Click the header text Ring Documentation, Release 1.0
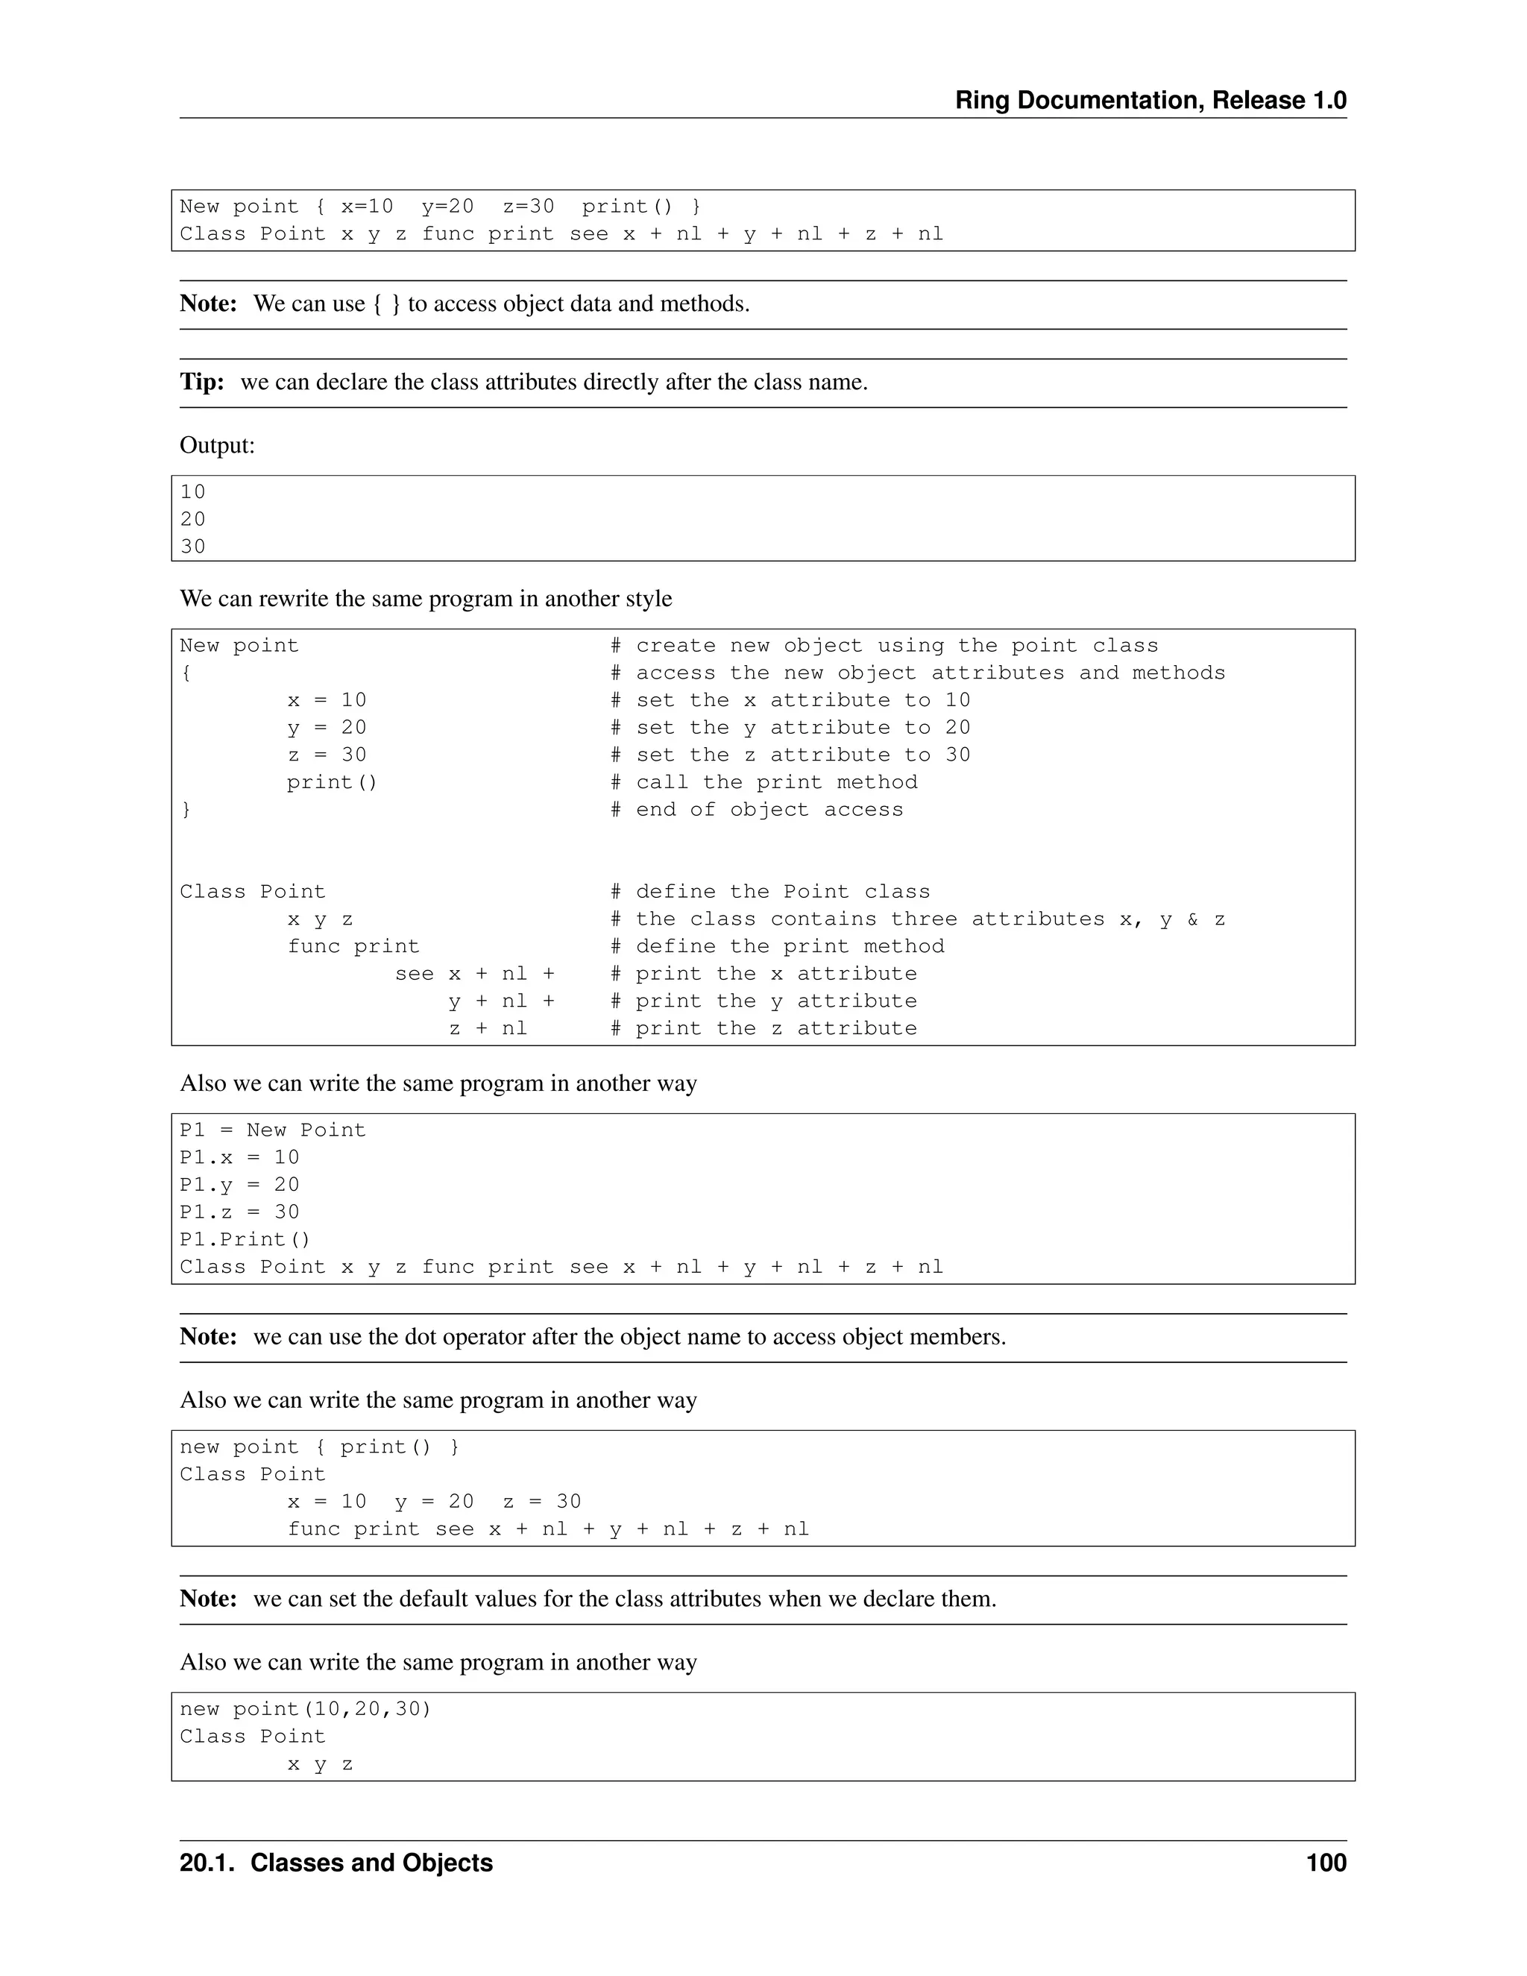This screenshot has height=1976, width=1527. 1150,101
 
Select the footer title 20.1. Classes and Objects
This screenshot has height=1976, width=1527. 336,1863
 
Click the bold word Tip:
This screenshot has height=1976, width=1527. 202,382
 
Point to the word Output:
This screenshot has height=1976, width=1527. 217,445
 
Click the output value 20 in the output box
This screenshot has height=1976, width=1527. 192,519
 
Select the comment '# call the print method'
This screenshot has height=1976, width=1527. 763,783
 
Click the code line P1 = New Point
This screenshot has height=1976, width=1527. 272,1130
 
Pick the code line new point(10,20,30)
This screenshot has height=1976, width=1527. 305,1709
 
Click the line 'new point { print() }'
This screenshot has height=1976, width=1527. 319,1447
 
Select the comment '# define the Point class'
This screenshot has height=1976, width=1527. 769,892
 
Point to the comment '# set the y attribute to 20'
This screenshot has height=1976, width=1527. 790,728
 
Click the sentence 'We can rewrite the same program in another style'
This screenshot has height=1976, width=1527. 425,599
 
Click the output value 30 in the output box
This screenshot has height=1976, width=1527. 192,547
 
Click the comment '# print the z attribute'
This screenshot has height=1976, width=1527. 763,1029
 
